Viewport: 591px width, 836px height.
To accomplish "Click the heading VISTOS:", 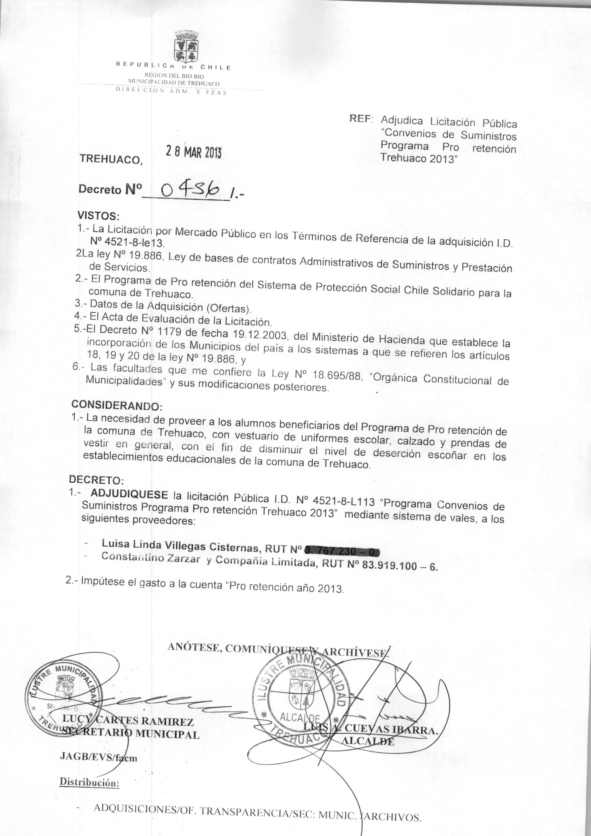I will (x=98, y=216).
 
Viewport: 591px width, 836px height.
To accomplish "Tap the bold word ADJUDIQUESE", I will (x=129, y=494).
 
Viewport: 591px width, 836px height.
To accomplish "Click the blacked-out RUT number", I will (x=342, y=551).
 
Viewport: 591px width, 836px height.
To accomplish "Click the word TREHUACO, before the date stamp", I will (x=111, y=159).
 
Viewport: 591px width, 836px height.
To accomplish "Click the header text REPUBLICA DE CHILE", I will (x=173, y=66).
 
